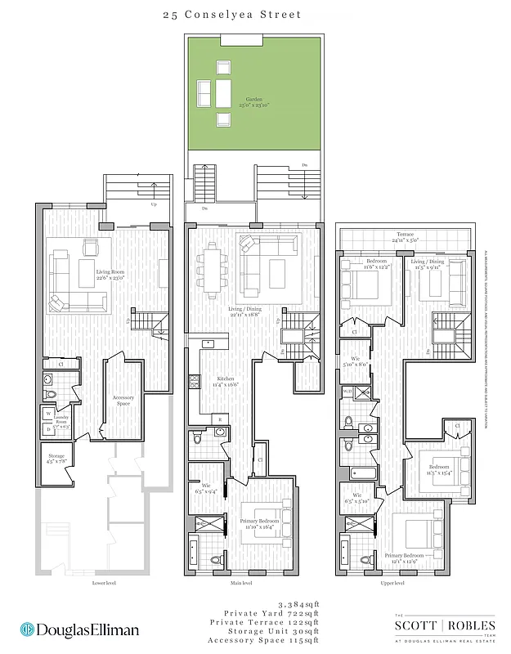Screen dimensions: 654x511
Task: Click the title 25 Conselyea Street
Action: tap(254, 14)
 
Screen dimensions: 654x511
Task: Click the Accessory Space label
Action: tap(123, 400)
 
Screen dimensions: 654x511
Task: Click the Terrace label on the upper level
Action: tap(405, 236)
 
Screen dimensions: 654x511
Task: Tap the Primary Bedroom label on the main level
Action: tap(261, 523)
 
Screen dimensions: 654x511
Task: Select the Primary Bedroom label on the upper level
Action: tap(406, 558)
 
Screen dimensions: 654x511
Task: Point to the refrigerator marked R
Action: tap(219, 419)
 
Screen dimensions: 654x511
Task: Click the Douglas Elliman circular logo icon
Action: tap(27, 630)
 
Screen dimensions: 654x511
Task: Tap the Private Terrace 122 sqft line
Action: tap(271, 621)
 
